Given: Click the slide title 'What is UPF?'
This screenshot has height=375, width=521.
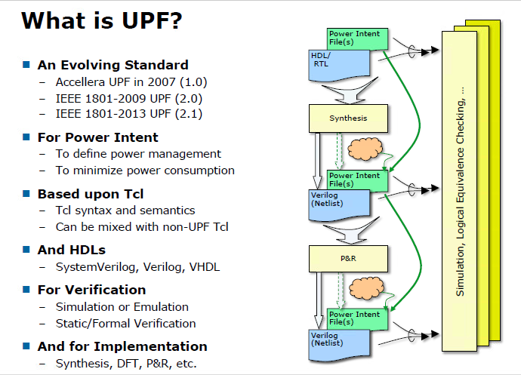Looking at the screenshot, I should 102,20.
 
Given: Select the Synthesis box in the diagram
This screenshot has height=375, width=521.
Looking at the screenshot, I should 348,118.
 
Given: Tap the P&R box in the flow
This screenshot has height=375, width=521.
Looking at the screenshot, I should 348,259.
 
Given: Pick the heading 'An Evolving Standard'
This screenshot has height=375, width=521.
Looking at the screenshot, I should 113,65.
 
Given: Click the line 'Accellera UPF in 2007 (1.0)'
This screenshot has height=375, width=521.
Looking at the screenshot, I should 131,81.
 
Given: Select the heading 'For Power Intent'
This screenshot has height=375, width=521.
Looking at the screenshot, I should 98,137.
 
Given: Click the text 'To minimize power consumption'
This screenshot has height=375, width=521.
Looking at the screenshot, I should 145,171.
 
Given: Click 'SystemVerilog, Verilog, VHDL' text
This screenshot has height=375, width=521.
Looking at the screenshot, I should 137,266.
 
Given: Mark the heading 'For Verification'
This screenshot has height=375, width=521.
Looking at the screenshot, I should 92,290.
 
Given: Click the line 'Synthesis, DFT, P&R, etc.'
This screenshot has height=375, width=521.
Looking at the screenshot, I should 125,363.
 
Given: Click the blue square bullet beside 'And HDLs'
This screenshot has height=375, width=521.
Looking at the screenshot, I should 26,250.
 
